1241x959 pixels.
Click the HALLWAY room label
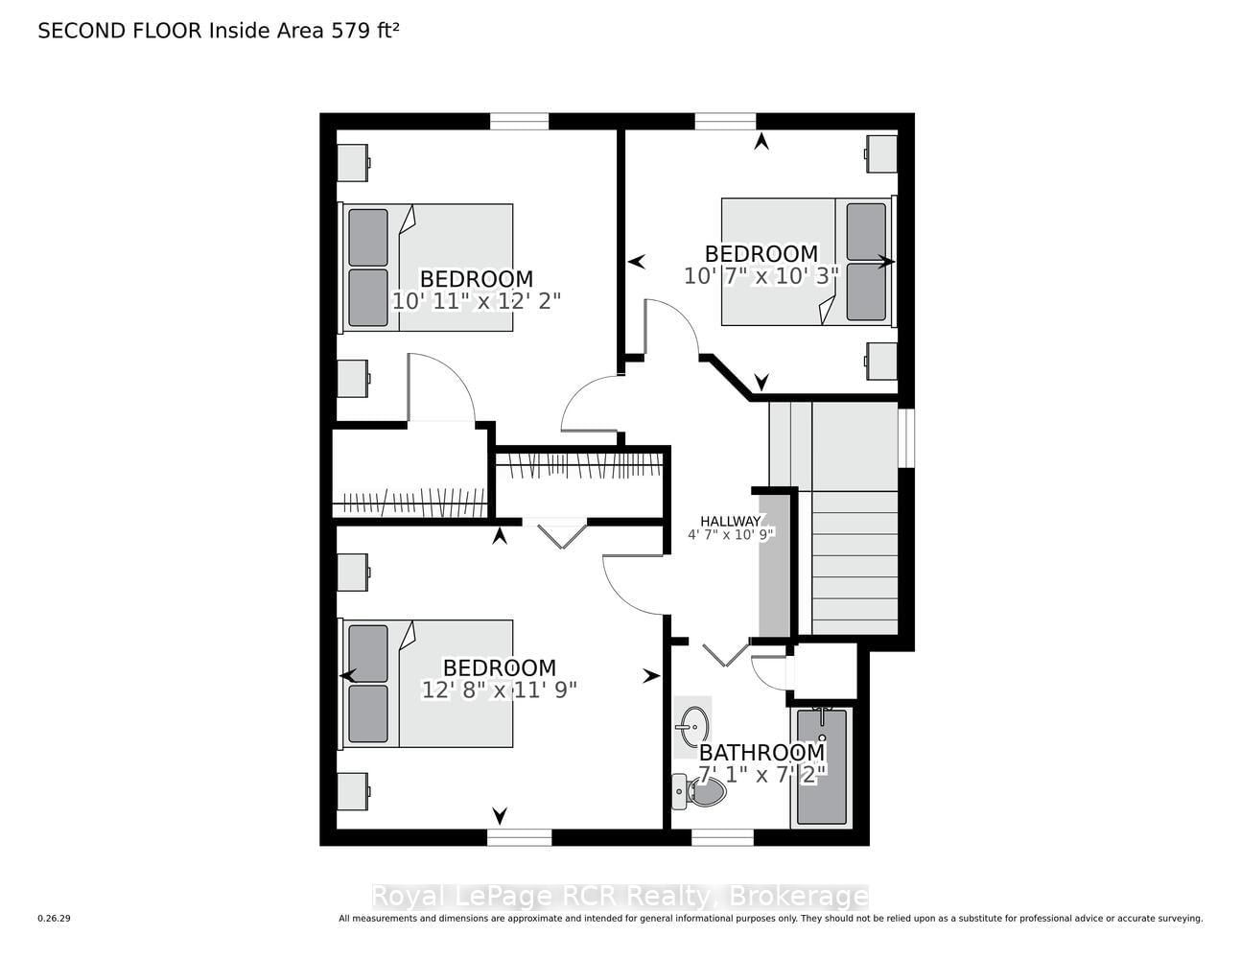click(x=731, y=521)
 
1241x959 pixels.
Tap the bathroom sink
click(x=692, y=727)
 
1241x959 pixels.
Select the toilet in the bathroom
click(x=698, y=792)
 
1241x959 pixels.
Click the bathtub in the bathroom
click(x=821, y=767)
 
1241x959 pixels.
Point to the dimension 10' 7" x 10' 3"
click(x=761, y=276)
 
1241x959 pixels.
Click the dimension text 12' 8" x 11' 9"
click(x=499, y=690)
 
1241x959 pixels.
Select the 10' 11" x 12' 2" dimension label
click(x=477, y=301)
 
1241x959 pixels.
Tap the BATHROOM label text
click(x=761, y=753)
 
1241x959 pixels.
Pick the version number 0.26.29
click(x=55, y=919)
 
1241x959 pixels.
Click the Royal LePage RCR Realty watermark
click(x=620, y=897)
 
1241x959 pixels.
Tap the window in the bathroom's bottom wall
click(x=722, y=837)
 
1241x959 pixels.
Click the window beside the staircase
click(x=906, y=438)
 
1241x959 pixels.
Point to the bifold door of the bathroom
click(x=725, y=654)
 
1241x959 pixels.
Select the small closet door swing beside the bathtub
click(x=768, y=673)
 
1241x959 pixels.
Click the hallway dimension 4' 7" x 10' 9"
click(x=731, y=535)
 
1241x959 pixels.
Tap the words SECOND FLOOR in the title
click(x=120, y=31)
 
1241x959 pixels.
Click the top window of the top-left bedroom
click(x=519, y=122)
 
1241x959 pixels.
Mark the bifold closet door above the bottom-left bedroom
click(x=563, y=534)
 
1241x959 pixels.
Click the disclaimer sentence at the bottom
click(x=770, y=919)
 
